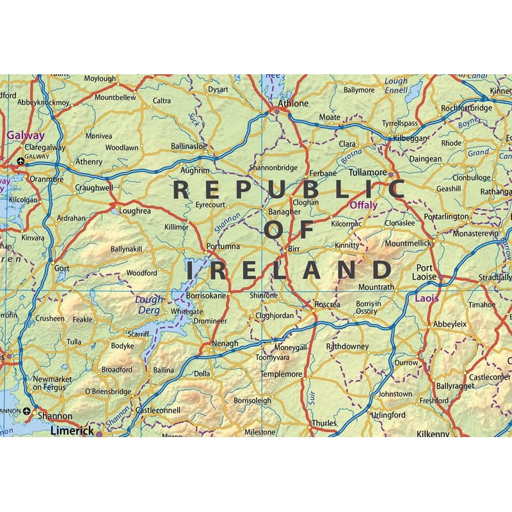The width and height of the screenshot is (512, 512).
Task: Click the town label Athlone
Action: point(292,103)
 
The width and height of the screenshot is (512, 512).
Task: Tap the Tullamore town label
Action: point(368,173)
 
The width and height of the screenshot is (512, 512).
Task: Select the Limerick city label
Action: point(72,431)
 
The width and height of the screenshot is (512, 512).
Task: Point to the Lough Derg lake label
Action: point(150,305)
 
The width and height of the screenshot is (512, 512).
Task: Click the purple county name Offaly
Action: point(364,205)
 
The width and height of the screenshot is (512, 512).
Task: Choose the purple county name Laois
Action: point(427,298)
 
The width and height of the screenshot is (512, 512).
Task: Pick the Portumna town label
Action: point(223,246)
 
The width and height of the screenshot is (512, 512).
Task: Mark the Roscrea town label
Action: point(327,305)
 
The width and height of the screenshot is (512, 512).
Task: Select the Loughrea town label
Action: point(135,210)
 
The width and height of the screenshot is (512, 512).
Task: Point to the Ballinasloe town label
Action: point(189,146)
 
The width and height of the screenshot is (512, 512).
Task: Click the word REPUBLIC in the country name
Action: point(289,190)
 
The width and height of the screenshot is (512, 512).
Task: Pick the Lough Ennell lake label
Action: point(396,86)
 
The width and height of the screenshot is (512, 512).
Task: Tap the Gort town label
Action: point(62,268)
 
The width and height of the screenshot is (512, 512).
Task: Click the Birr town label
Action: point(294,247)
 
